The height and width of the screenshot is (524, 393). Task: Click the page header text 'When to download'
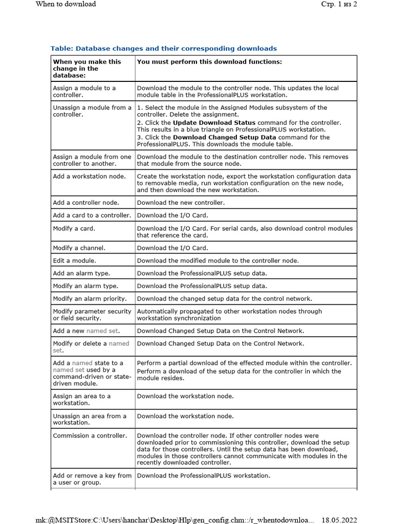click(x=65, y=4)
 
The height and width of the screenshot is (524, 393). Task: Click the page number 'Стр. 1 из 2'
click(x=339, y=4)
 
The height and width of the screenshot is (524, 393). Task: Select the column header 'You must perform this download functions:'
click(x=209, y=62)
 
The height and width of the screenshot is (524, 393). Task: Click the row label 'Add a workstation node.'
click(x=89, y=177)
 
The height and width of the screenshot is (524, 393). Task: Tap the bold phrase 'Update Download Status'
click(x=214, y=123)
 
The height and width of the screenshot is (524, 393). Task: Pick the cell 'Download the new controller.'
click(x=181, y=203)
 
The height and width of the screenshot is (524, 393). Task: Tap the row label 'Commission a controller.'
click(x=90, y=436)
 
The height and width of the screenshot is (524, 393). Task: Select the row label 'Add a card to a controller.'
click(x=92, y=215)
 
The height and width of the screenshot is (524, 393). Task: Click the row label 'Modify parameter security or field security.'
click(x=92, y=315)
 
